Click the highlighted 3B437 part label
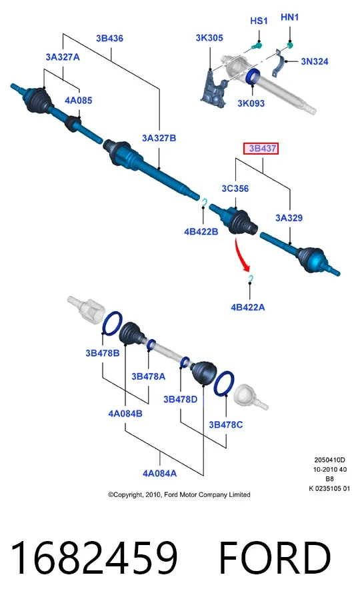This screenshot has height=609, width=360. [261, 149]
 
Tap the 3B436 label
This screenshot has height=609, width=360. [109, 38]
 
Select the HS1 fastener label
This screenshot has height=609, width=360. [259, 21]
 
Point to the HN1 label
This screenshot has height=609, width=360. [289, 17]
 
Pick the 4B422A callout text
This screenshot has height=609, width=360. [247, 307]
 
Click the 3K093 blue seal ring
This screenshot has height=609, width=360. [253, 77]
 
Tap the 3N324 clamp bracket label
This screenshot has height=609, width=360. [315, 61]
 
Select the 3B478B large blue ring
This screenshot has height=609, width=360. [113, 323]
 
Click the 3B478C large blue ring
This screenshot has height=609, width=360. [224, 383]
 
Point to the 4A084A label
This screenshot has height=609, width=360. [159, 473]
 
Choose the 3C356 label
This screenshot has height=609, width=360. [235, 189]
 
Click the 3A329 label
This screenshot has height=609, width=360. [289, 218]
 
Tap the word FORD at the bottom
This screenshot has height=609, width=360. [275, 558]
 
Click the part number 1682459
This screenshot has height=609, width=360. [94, 558]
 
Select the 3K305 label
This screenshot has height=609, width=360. [209, 38]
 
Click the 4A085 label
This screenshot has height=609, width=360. [79, 100]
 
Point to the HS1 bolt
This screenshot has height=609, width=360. [256, 47]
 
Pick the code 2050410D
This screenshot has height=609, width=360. [330, 460]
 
